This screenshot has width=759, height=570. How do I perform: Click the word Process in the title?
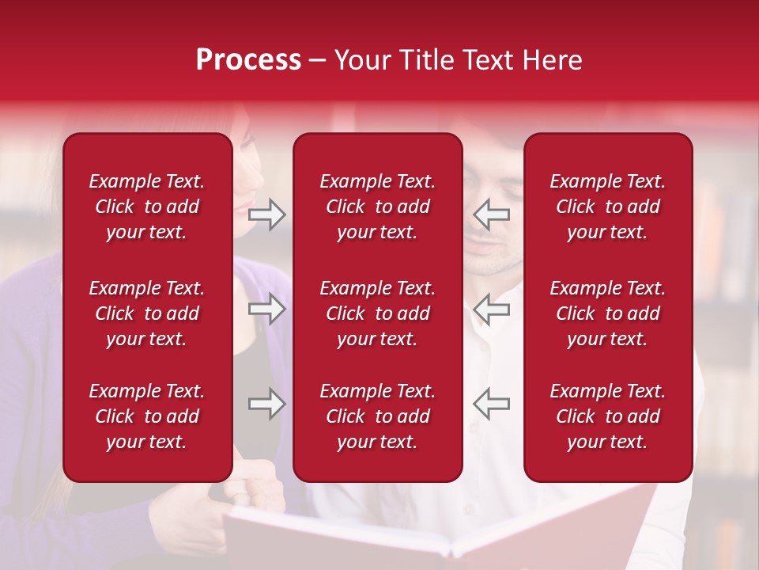pos(248,60)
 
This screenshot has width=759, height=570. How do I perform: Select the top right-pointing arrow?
pos(266,215)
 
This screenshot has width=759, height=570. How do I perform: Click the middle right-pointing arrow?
pos(266,309)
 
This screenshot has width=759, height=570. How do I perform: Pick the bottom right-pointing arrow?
pos(266,404)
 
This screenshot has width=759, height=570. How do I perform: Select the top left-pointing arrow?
pos(491,215)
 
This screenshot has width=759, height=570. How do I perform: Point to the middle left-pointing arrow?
pos(491,309)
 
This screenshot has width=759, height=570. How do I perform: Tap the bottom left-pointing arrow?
pos(491,404)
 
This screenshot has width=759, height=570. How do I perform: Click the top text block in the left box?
pos(147,207)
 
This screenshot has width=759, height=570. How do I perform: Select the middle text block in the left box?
pos(147,313)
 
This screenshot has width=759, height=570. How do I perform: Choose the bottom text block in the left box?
pos(147,416)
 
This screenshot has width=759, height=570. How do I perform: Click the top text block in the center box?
pos(377,207)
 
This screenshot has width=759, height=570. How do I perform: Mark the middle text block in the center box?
pos(377,313)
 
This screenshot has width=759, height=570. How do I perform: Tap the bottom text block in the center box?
pos(377,416)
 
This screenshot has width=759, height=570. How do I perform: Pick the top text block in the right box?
pos(607,207)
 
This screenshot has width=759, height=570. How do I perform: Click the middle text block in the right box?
pos(607,313)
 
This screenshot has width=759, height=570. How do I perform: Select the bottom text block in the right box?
pos(607,416)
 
